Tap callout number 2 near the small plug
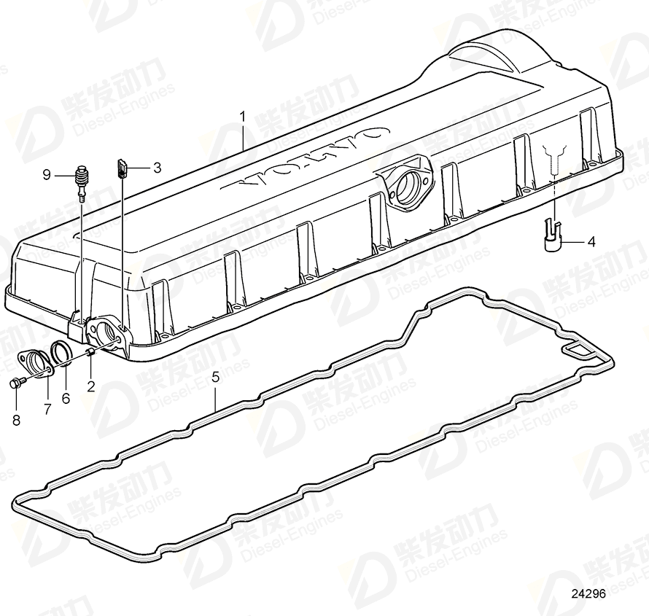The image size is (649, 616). coord(91,386)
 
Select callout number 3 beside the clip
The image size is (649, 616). coord(157,168)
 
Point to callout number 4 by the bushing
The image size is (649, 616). coord(591,241)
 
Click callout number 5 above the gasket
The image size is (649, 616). coord(215,377)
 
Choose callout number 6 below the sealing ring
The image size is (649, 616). coord(65,398)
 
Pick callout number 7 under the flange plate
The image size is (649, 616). coord(47,409)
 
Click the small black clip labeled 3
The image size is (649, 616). coord(122,169)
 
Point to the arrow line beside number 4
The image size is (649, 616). coord(573,241)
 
